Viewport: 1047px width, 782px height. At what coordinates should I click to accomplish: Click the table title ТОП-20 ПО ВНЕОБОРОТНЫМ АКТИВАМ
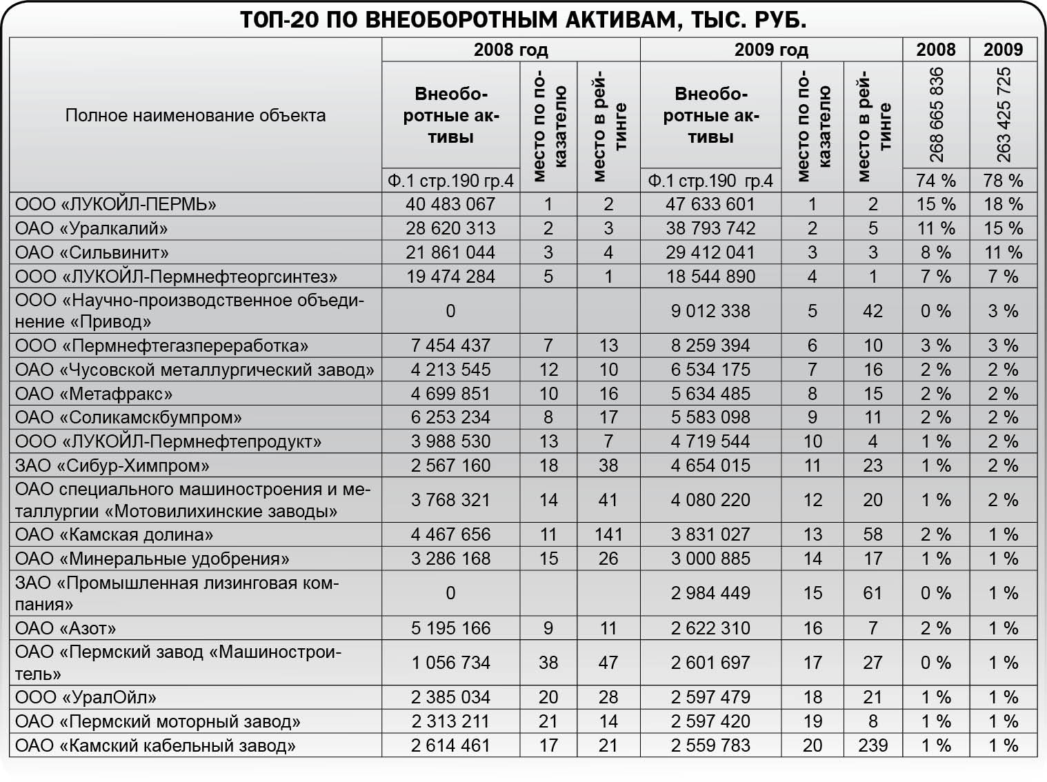coord(523,20)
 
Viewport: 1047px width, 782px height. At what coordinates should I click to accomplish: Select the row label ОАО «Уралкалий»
coord(92,228)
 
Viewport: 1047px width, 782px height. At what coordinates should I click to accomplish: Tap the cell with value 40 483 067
coord(450,204)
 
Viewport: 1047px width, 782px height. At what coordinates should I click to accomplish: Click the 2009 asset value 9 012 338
coord(710,311)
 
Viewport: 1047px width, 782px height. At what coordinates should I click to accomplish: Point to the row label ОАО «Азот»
coord(66,628)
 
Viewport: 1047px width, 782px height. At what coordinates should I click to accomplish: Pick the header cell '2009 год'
coord(770,50)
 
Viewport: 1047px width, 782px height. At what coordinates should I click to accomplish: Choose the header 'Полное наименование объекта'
coord(195,115)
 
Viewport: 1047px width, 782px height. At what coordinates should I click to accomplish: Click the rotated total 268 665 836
coord(936,114)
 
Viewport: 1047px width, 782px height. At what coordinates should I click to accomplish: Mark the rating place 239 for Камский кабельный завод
coord(872,745)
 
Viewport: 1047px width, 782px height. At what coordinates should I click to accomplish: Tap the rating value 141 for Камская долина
coord(608,534)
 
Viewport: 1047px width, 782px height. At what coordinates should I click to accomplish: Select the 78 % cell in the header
coord(1003,181)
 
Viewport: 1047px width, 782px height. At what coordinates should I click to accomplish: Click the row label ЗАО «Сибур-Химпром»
coord(112,465)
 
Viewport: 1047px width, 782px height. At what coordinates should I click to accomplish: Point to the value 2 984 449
coord(710,593)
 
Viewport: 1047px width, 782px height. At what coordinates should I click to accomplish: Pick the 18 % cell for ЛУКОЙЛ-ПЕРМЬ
coord(1003,204)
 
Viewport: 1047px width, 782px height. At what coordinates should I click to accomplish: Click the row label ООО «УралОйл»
coord(86,697)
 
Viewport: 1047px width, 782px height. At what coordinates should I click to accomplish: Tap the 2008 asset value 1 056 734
coord(450,663)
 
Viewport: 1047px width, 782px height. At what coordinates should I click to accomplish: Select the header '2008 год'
coord(510,50)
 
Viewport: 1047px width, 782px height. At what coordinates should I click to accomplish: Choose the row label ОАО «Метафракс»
coord(94,394)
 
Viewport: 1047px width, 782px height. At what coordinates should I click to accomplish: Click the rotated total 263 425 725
coord(1003,114)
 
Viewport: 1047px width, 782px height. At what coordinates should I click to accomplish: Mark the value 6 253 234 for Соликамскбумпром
coord(450,417)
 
